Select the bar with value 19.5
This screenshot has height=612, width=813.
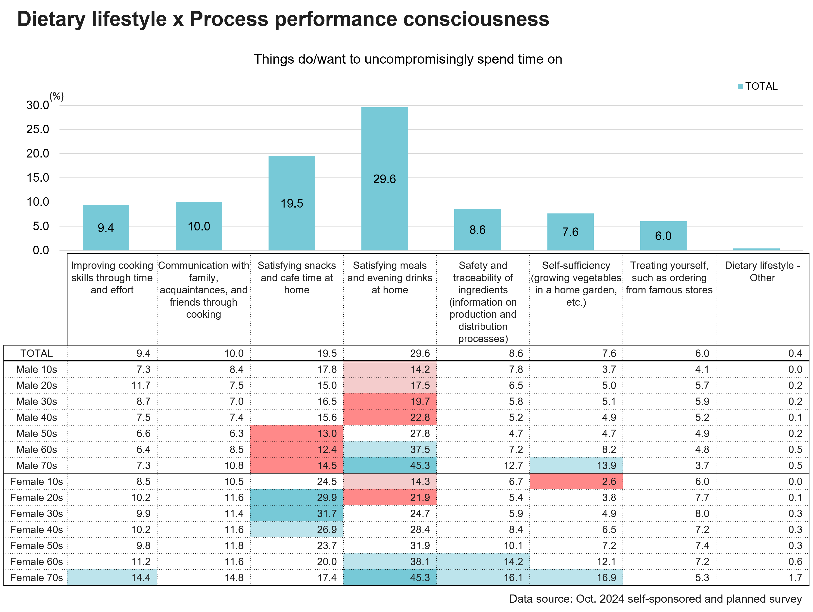[x=291, y=203]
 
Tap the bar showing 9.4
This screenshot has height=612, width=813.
[x=106, y=228]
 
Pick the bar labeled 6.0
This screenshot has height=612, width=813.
[x=663, y=236]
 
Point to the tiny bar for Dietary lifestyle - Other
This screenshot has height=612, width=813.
[x=756, y=249]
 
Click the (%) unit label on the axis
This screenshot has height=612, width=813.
[x=57, y=96]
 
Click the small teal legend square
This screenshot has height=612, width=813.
[x=740, y=87]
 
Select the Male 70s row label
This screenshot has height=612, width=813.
[x=36, y=466]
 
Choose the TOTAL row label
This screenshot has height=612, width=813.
[x=36, y=353]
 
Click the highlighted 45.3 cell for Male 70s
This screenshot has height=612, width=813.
[x=390, y=466]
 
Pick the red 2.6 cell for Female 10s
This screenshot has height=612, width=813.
[x=576, y=481]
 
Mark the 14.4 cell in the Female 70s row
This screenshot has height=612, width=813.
[x=112, y=577]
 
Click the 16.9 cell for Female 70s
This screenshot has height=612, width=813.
[x=576, y=577]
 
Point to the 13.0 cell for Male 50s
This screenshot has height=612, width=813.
[x=297, y=434]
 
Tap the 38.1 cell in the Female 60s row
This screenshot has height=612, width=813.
[x=390, y=562]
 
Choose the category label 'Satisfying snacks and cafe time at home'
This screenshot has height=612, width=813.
[x=297, y=278]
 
